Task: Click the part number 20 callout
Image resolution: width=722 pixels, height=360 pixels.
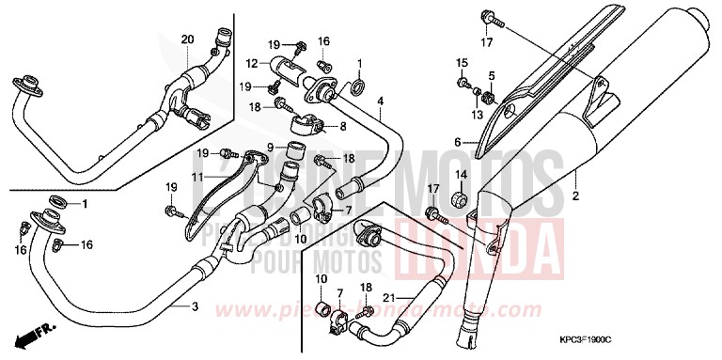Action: pos(186,39)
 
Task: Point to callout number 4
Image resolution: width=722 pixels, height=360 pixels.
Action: pos(380,101)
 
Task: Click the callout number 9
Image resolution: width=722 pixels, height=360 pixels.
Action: pos(268,147)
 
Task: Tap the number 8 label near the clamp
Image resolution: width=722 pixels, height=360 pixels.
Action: pos(341,125)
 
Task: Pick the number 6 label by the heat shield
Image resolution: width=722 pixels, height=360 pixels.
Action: pos(458,143)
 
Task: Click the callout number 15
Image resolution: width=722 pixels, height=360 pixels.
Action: pos(462,62)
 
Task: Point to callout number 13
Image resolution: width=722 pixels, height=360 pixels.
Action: pos(478,115)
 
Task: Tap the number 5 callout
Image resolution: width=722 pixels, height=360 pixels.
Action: pos(490,75)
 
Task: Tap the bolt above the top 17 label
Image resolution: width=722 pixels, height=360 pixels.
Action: pos(486,16)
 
